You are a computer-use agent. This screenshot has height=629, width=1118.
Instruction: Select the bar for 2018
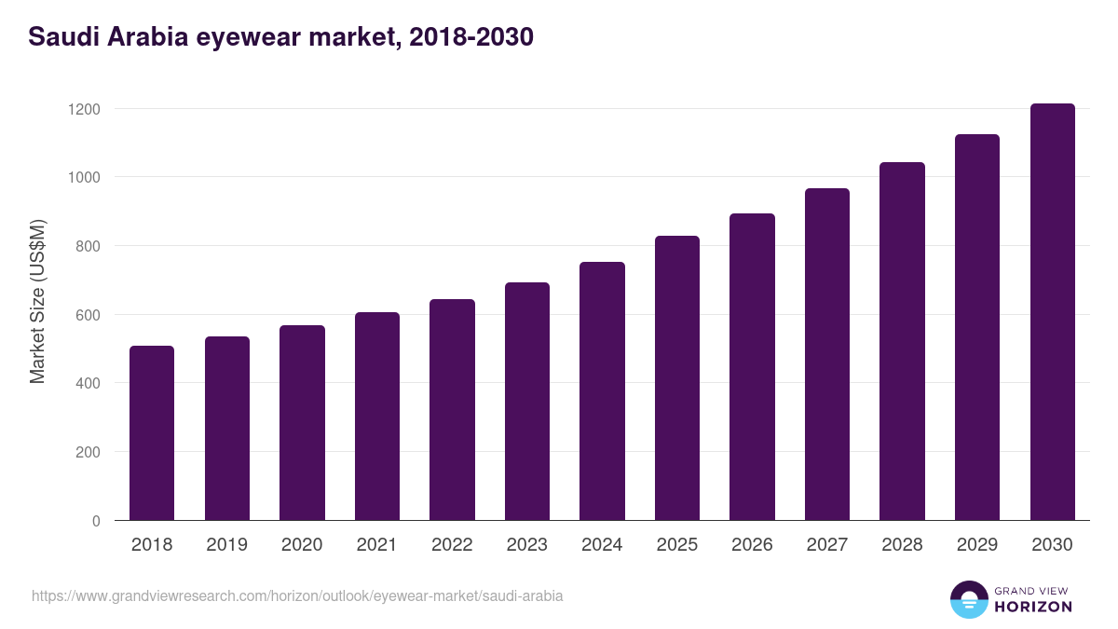pos(152,433)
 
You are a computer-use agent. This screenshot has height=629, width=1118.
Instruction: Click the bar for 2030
pos(1052,312)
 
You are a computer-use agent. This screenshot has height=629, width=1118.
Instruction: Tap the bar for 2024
pos(602,391)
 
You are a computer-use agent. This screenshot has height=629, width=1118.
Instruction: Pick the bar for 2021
pos(376,417)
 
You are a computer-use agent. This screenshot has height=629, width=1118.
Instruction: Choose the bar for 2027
pos(827,354)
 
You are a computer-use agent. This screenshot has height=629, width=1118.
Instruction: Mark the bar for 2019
pos(227,429)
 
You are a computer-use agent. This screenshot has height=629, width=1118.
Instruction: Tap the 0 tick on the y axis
pos(96,521)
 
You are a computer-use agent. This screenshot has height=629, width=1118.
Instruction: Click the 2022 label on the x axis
pos(452,545)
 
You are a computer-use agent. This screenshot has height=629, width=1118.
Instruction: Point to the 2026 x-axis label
pos(752,545)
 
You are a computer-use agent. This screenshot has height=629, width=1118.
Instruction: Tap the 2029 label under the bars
pos(976,545)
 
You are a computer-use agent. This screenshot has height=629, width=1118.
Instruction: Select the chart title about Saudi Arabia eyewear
pos(280,37)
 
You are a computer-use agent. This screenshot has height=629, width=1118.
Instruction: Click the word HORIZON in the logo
pos(1033,607)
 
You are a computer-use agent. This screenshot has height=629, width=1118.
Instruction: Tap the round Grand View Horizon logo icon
pos(969,599)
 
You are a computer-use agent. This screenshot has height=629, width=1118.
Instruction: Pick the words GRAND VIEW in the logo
pos(1032,590)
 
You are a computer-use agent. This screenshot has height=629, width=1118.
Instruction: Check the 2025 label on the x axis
pos(676,545)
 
